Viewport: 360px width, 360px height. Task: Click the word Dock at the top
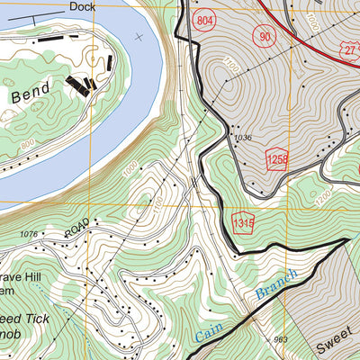click(82, 5)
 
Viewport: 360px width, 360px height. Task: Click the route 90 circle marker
click(264, 36)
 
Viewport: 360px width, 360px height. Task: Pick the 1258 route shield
click(278, 159)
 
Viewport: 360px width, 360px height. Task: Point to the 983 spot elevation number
click(281, 338)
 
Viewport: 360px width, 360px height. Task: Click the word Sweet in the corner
click(336, 345)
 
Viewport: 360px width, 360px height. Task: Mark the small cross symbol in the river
click(138, 37)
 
